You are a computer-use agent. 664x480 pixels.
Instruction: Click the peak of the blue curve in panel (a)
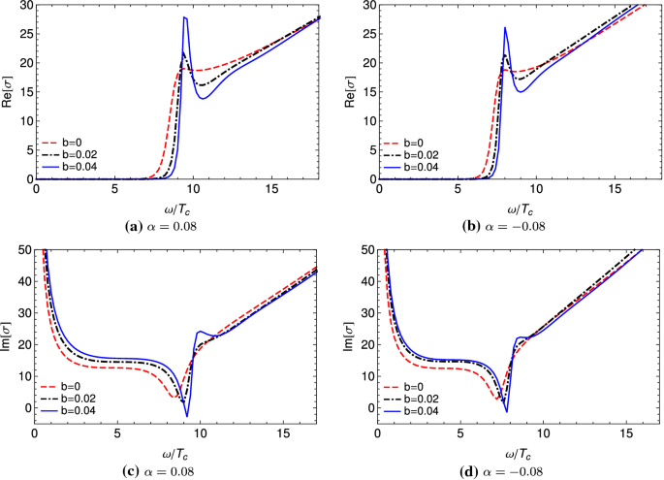(184, 17)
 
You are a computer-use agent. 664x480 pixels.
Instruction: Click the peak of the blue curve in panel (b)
(505, 27)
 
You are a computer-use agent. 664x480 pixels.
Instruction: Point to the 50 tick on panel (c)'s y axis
(26, 251)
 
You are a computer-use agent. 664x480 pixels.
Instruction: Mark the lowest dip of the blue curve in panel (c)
(187, 416)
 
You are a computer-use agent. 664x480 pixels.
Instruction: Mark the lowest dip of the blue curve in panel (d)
(506, 412)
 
